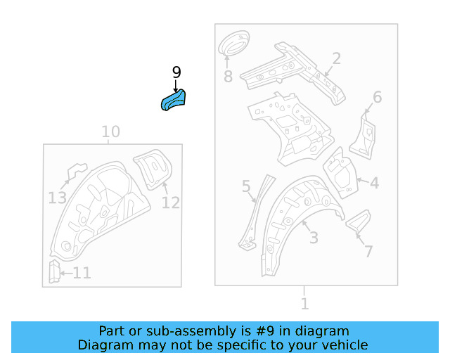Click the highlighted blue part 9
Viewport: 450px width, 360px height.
coord(175,100)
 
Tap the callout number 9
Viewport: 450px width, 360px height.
coord(176,72)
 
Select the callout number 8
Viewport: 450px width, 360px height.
coord(228,77)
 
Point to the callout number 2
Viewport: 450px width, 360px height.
coord(337,58)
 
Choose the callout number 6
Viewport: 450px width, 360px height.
coord(377,97)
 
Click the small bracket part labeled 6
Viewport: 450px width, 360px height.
coord(364,134)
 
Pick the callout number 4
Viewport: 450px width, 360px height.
coord(374,184)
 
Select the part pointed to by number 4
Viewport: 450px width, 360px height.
coord(340,171)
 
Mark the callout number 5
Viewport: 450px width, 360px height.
coord(246,186)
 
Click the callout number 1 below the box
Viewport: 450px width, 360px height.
coord(304,304)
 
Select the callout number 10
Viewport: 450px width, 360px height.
coord(110,131)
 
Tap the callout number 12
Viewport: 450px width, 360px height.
coord(171,203)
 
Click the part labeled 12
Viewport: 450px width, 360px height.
coord(153,169)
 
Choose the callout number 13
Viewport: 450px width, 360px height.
coord(58,198)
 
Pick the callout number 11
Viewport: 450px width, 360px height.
coord(82,273)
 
